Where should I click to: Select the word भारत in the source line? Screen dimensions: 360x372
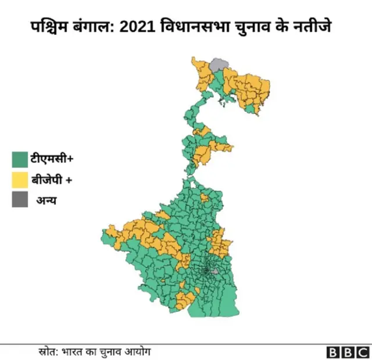pyautogui.click(x=74, y=351)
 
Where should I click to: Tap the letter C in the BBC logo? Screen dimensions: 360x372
pyautogui.click(x=362, y=352)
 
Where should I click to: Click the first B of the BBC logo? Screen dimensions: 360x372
pyautogui.click(x=333, y=352)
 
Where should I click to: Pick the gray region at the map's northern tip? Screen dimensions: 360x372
pyautogui.click(x=219, y=64)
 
